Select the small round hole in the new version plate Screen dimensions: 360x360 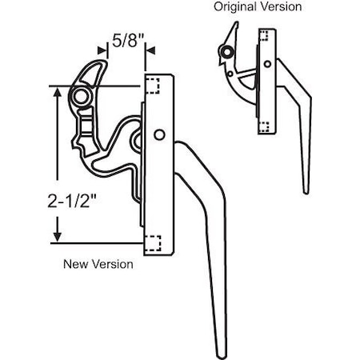[x=162, y=134]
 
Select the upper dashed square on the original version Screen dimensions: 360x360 [x=265, y=34]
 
